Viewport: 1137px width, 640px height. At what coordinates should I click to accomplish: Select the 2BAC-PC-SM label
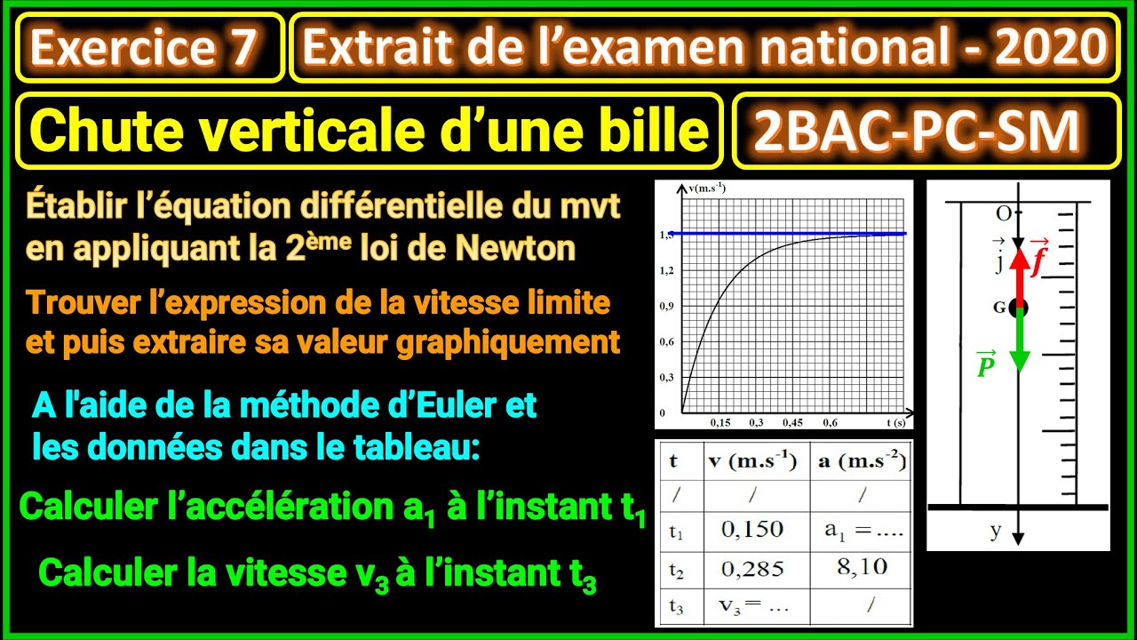(917, 132)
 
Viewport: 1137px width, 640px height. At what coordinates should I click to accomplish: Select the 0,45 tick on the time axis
(793, 422)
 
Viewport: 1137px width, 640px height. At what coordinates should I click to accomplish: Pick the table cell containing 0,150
(752, 531)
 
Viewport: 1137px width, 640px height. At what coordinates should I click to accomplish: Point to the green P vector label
(985, 364)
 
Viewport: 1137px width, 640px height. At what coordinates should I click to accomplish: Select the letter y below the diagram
(996, 532)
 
